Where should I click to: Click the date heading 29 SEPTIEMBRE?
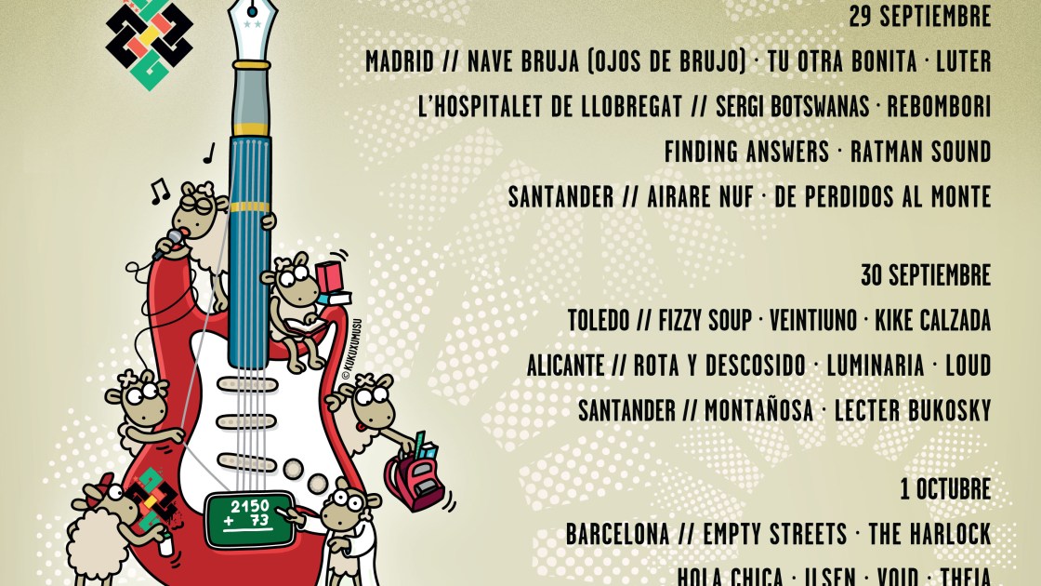click(920, 17)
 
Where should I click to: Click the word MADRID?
click(399, 62)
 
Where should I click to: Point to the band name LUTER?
click(964, 62)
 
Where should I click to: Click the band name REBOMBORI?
click(939, 107)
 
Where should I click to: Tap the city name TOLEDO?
click(599, 321)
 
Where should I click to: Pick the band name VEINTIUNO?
click(813, 321)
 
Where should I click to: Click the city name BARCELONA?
click(617, 535)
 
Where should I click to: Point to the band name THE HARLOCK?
click(929, 535)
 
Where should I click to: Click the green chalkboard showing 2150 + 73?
click(243, 513)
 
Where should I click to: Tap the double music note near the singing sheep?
click(160, 191)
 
